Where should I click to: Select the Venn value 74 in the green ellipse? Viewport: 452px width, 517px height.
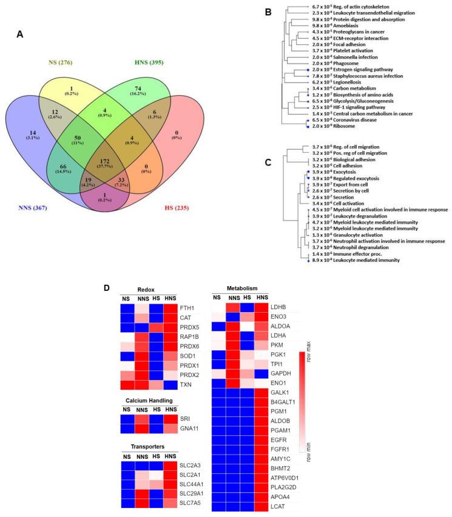pos(175,87)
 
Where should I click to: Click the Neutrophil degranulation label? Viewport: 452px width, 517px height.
pos(357,246)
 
